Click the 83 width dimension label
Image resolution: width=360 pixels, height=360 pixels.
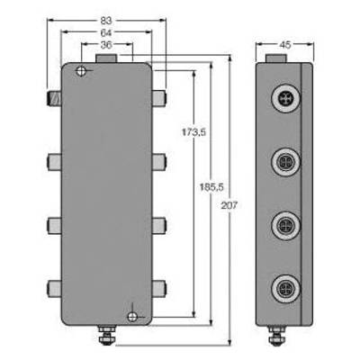point(106,21)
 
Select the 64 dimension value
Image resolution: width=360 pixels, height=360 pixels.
point(106,32)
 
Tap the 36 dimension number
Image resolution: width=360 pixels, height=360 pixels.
point(106,44)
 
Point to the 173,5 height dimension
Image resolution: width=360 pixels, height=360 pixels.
point(193,132)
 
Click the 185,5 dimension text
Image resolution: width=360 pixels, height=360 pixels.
point(211,187)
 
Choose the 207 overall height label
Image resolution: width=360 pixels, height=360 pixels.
point(229,205)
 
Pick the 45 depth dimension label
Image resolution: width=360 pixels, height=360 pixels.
point(285,45)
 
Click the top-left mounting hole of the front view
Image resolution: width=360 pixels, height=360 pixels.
point(81,71)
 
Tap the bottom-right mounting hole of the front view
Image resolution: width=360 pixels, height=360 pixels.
point(132,317)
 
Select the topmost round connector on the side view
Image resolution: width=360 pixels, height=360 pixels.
point(285,98)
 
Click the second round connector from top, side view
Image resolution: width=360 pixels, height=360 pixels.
point(285,162)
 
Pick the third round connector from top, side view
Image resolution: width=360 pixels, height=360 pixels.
point(285,226)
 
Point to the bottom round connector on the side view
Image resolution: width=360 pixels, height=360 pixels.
point(285,289)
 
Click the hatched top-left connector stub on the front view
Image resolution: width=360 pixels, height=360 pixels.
point(54,98)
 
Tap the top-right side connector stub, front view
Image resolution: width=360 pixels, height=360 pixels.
point(159,98)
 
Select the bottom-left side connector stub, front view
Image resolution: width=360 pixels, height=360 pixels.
point(54,289)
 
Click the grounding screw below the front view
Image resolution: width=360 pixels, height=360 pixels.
point(106,335)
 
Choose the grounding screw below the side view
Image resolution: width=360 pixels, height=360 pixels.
point(274,335)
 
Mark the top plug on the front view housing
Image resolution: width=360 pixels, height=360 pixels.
point(106,58)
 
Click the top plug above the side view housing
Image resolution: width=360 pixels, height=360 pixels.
point(276,58)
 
